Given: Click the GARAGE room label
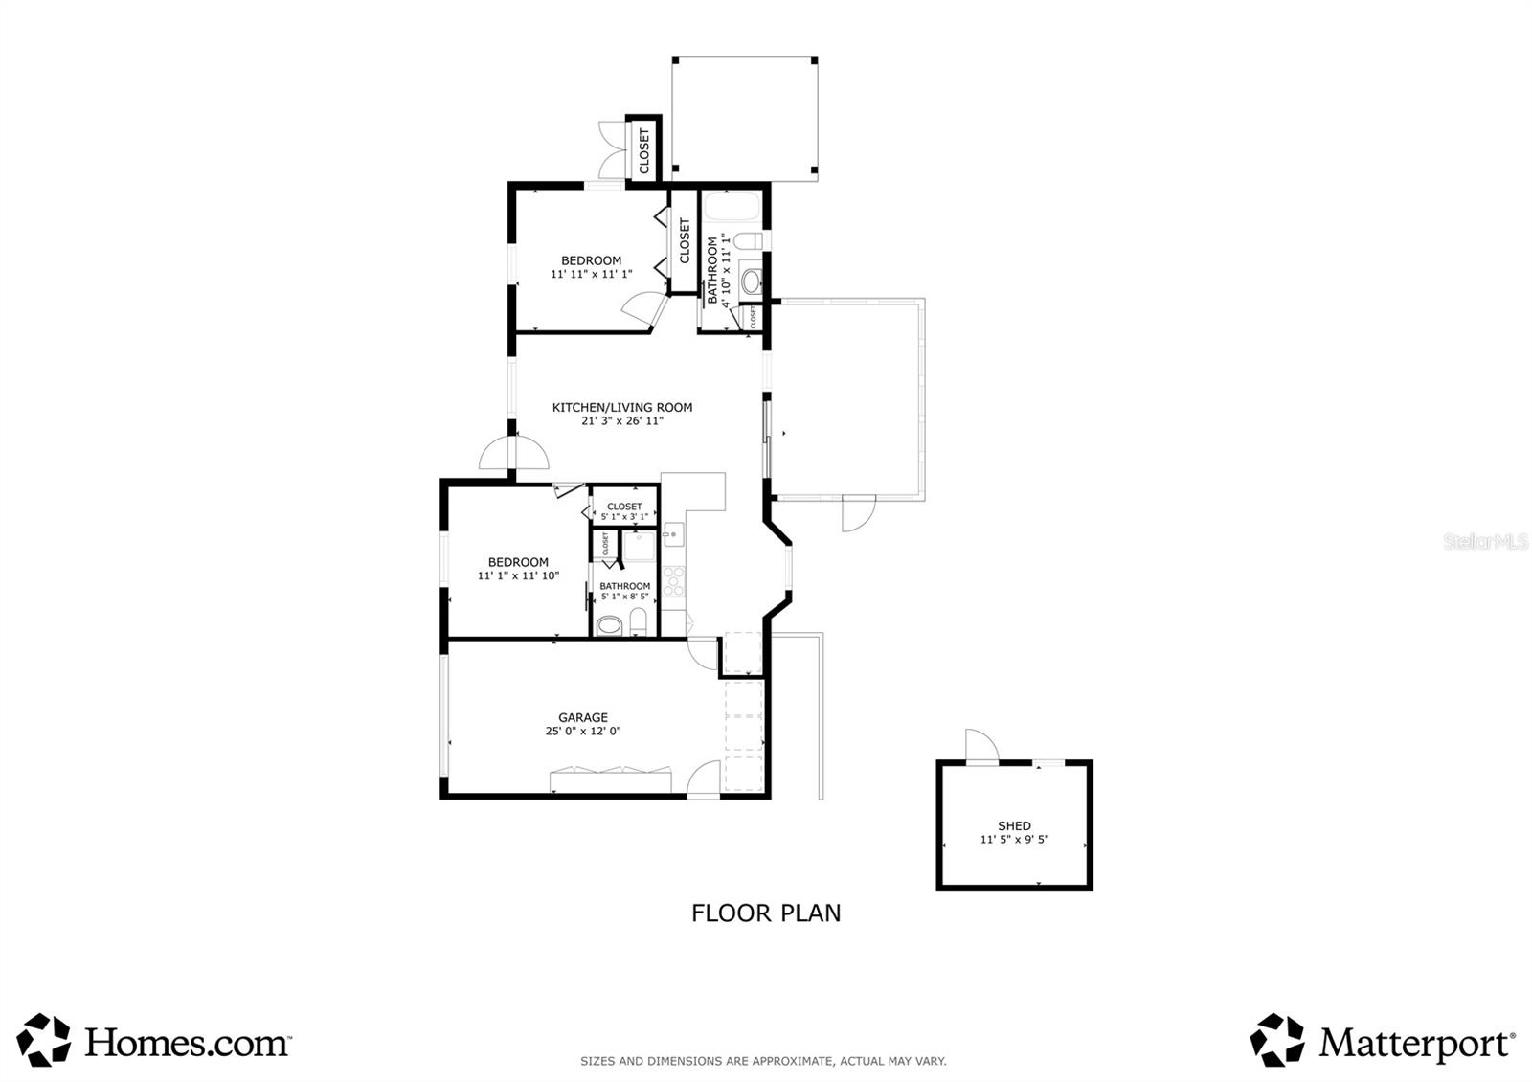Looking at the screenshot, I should [583, 717].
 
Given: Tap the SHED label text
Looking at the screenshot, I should [1014, 825].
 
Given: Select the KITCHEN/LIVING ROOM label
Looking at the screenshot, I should [621, 407].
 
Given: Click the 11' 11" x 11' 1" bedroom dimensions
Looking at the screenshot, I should [591, 274].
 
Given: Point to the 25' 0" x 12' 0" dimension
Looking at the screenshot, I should [583, 732].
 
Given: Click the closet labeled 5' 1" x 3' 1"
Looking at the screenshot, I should [624, 510].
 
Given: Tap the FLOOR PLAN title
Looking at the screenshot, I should [766, 913].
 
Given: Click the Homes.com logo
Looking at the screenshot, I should [153, 1041].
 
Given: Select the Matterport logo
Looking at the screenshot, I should [1383, 1041].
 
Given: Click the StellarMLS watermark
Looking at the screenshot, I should [1485, 542].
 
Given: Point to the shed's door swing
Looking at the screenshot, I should [980, 745].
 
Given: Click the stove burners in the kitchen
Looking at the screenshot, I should [674, 581].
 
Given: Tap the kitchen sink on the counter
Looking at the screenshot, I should [673, 534].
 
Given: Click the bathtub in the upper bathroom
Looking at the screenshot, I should [732, 207].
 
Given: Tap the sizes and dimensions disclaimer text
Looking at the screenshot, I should [763, 1061].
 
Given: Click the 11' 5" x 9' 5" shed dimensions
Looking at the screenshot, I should [1014, 840].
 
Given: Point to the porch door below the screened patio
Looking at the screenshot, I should [858, 513].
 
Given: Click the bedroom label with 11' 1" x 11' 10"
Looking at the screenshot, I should [518, 562].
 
